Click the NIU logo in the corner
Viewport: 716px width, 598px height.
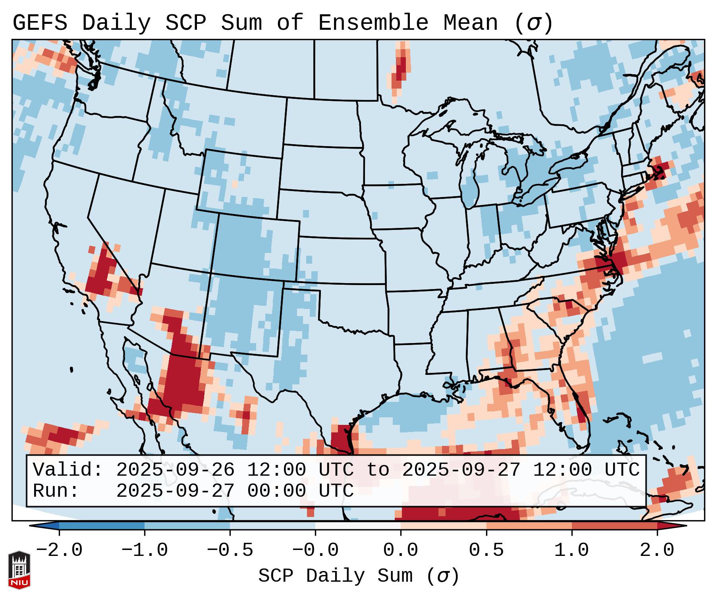click(x=19, y=570)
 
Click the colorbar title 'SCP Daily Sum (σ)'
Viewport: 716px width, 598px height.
click(x=359, y=576)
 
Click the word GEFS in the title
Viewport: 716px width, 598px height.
click(x=40, y=23)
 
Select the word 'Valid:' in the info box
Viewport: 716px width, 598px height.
click(x=68, y=470)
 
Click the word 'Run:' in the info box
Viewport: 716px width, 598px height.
click(x=56, y=491)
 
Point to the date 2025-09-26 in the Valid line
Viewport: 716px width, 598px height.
click(x=175, y=470)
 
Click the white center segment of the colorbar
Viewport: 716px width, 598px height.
click(x=358, y=526)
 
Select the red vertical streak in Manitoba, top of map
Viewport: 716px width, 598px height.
click(x=401, y=69)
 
